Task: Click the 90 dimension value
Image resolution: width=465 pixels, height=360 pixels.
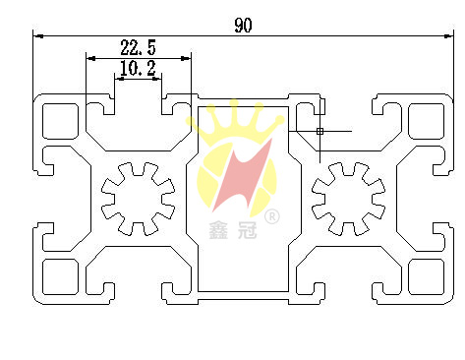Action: click(243, 25)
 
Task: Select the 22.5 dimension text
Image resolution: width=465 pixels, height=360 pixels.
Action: click(137, 46)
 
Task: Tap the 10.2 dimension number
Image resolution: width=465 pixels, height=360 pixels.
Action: click(137, 68)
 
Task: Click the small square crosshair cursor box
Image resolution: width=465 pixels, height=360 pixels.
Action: click(320, 130)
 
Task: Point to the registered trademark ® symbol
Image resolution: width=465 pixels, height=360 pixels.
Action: click(273, 215)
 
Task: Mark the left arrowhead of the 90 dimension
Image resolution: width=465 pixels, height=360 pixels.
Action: click(37, 36)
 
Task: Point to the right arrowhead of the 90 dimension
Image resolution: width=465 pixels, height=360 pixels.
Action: click(453, 36)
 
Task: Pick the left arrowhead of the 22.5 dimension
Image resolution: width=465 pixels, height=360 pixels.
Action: click(88, 58)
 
